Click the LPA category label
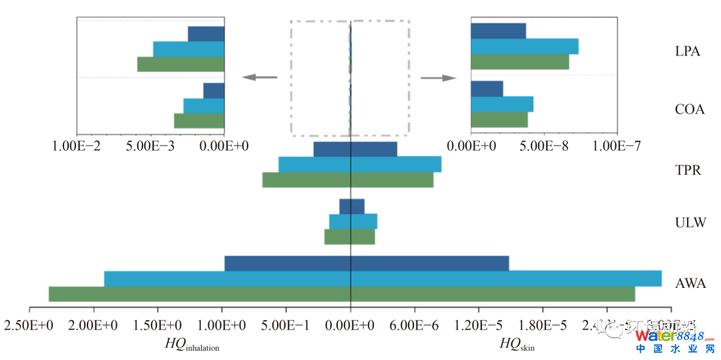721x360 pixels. point(687,51)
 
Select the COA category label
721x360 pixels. point(690,110)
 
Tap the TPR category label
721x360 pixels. point(688,170)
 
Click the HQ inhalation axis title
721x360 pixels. point(192,345)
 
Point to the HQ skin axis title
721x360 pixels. point(517,345)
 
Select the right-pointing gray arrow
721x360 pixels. point(438,77)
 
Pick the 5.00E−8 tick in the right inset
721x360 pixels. point(545,146)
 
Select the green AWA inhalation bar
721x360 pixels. point(200,294)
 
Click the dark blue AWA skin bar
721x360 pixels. point(430,264)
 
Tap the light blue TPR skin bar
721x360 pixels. point(396,164)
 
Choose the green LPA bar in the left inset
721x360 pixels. point(181,64)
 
